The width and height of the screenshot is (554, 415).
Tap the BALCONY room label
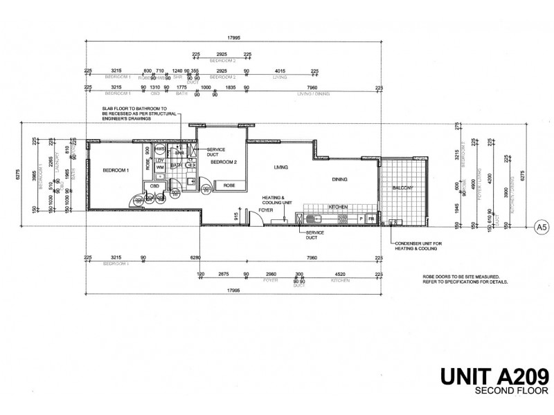pyautogui.click(x=402, y=188)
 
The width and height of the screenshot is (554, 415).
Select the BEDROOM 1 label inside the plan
pyautogui.click(x=116, y=170)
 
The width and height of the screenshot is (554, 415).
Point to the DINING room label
pyautogui.click(x=339, y=180)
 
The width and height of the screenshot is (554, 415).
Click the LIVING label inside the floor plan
pyautogui.click(x=280, y=167)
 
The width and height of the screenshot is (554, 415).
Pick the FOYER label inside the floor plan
pyautogui.click(x=266, y=210)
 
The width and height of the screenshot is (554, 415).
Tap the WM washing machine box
pyautogui.click(x=160, y=167)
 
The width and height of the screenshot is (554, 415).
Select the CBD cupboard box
pyautogui.click(x=154, y=185)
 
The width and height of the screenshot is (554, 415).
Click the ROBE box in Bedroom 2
pyautogui.click(x=228, y=185)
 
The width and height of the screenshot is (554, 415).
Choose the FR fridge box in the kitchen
pyautogui.click(x=371, y=219)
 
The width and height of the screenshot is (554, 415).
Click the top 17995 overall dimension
pyautogui.click(x=233, y=39)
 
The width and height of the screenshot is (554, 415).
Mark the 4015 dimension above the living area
pyautogui.click(x=280, y=71)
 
